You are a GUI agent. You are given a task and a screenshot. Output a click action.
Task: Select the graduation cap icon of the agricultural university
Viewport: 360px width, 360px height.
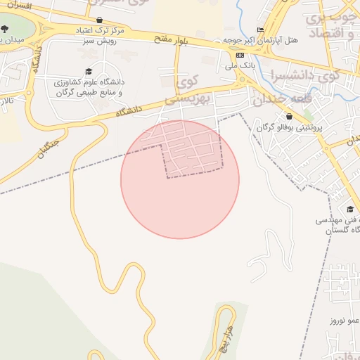coord(89,71)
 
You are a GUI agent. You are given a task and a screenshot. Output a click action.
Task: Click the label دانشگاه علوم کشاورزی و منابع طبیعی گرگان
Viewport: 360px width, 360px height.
coord(88,87)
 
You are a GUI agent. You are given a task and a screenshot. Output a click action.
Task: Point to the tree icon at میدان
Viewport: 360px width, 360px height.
coord(5,29)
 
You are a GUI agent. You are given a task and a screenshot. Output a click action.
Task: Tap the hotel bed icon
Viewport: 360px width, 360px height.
coord(261,29)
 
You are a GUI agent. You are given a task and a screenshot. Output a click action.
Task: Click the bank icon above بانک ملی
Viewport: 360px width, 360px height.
coord(240,55)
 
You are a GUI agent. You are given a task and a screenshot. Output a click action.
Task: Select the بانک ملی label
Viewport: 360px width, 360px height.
coord(240,66)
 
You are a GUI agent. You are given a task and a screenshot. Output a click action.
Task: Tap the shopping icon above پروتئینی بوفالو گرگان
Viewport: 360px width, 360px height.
coord(289,116)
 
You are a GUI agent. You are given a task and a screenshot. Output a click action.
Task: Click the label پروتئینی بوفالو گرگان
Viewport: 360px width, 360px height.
coord(289,127)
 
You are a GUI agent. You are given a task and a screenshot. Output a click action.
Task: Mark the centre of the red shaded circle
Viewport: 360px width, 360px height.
coord(180,180)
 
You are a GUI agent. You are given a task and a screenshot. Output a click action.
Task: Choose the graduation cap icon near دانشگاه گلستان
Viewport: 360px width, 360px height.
coord(349,209)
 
